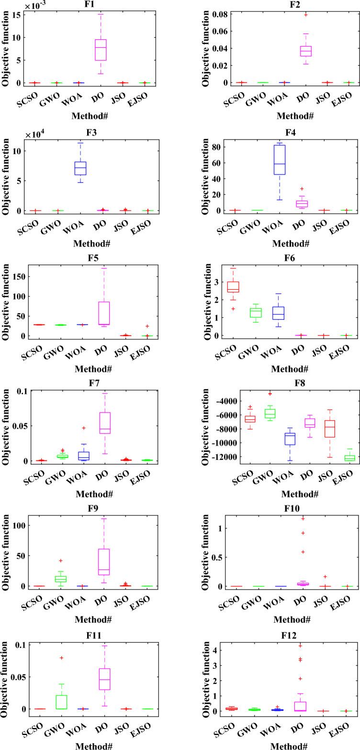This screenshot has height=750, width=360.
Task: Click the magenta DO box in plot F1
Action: pos(101,50)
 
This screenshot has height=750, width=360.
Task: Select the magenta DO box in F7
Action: pos(101,423)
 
